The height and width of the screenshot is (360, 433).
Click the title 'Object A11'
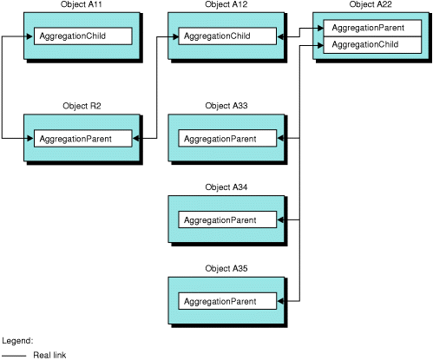[82, 5]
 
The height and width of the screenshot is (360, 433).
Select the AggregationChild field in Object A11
[82, 36]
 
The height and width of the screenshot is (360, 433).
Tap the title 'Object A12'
[226, 5]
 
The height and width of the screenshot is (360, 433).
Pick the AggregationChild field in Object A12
[227, 36]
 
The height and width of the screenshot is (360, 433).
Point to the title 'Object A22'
[371, 5]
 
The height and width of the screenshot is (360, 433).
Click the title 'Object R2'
[82, 106]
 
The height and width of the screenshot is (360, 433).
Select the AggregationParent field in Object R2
[82, 138]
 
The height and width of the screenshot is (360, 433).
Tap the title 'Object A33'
[226, 106]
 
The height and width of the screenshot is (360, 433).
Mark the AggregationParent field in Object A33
[227, 138]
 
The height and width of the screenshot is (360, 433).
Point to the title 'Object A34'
[226, 187]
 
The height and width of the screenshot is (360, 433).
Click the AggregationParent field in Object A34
[227, 219]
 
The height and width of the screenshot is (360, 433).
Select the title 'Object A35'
[226, 269]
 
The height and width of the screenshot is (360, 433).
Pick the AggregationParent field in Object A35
[227, 301]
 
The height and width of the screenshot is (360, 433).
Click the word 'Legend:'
[17, 341]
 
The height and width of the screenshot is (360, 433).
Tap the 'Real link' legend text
[49, 354]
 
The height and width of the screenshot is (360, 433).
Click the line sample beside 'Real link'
[13, 354]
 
